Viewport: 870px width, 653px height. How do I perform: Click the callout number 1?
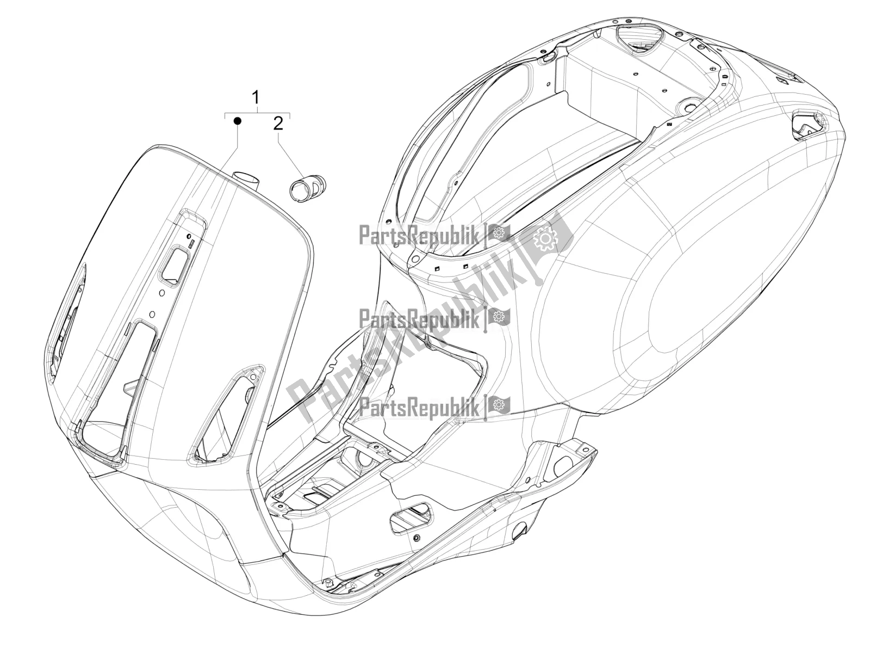pos(256,97)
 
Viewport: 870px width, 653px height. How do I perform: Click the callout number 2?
pos(278,124)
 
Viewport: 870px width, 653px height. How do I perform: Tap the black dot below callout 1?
pos(238,120)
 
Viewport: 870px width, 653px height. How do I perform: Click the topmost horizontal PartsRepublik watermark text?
pos(419,235)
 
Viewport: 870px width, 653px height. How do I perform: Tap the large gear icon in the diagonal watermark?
pos(546,239)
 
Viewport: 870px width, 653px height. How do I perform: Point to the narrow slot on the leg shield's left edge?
pos(67,313)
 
